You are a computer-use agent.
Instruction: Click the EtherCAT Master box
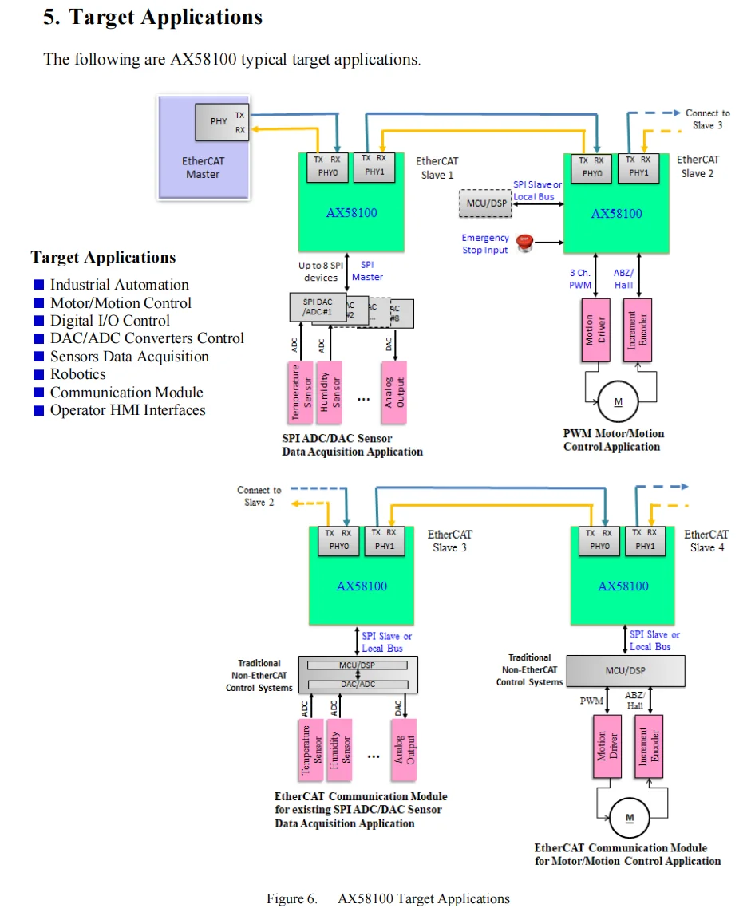point(203,148)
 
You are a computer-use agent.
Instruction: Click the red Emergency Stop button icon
point(524,243)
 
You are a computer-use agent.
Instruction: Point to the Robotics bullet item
point(77,374)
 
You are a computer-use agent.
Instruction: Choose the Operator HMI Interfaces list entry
point(128,410)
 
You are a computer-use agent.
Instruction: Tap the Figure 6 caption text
point(388,898)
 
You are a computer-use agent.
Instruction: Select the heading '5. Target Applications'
point(152,18)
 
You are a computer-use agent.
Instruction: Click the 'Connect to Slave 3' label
point(707,119)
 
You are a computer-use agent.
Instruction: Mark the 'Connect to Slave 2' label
point(259,496)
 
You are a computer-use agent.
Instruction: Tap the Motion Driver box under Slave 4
point(608,746)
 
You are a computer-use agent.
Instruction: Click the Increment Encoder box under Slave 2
point(638,330)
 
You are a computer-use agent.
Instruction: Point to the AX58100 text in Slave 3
point(362,586)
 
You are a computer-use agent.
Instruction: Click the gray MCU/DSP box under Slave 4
point(626,671)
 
